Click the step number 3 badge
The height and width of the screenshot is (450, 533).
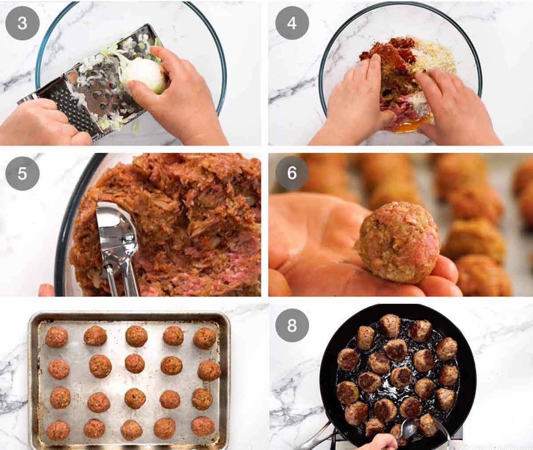click(x=22, y=23)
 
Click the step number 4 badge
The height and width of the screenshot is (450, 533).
click(x=292, y=23)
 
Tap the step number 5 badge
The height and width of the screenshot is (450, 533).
click(x=22, y=173)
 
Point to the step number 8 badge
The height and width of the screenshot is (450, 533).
click(x=292, y=325)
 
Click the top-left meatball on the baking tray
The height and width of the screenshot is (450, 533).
click(x=56, y=337)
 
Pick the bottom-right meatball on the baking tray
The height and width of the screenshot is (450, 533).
click(x=203, y=426)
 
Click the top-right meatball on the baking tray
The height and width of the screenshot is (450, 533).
click(x=204, y=338)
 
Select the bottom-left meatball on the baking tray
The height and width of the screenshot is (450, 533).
click(x=58, y=430)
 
